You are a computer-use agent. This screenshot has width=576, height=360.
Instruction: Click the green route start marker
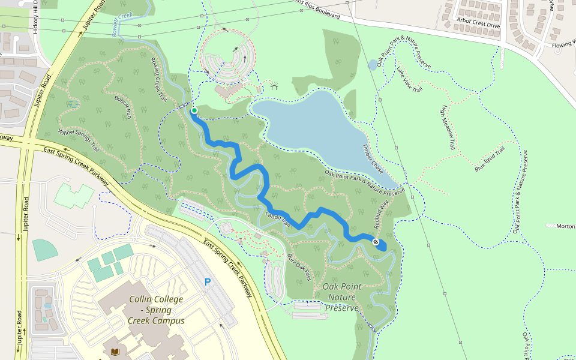click(194, 110)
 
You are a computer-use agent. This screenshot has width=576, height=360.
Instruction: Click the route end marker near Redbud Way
click(376, 242)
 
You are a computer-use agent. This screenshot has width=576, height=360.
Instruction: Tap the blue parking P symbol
click(208, 282)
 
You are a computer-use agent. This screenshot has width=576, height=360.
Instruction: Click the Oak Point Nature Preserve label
click(342, 297)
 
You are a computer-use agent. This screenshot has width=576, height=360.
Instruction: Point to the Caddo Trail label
click(278, 220)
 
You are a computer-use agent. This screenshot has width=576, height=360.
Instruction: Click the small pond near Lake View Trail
click(373, 64)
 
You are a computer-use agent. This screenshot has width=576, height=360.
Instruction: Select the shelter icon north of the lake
click(274, 86)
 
